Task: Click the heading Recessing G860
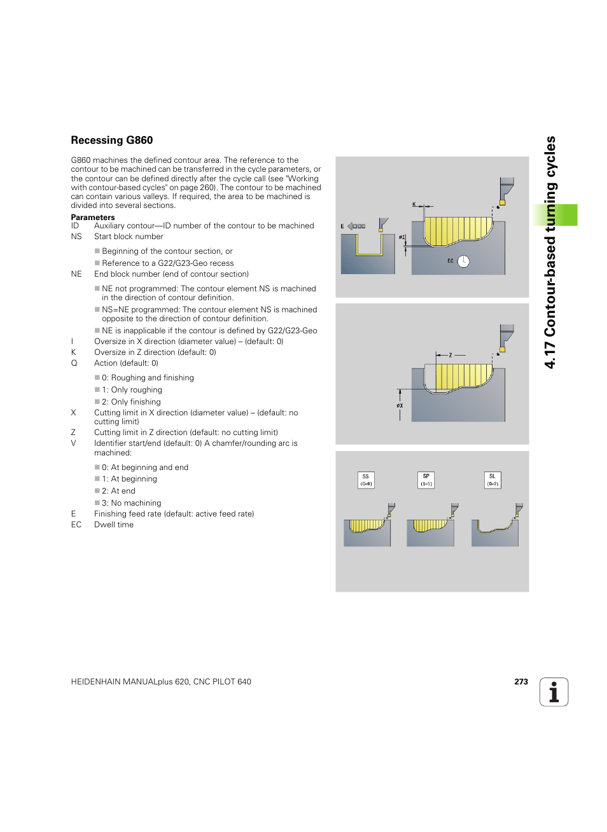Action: point(112,141)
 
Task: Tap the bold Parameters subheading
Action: point(93,218)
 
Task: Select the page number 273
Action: point(521,682)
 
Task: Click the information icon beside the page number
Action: point(554,692)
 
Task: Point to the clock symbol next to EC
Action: point(463,261)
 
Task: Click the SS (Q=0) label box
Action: point(366,480)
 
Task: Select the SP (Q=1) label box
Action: point(426,480)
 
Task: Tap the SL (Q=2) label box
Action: point(492,480)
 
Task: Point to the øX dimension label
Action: point(400,406)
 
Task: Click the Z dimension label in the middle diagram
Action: point(450,355)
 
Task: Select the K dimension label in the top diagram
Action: point(414,205)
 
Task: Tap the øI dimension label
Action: point(401,238)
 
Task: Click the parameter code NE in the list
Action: point(76,274)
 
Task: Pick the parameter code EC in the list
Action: point(76,525)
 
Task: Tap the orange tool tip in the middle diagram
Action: point(503,349)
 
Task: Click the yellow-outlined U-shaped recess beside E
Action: point(369,246)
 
